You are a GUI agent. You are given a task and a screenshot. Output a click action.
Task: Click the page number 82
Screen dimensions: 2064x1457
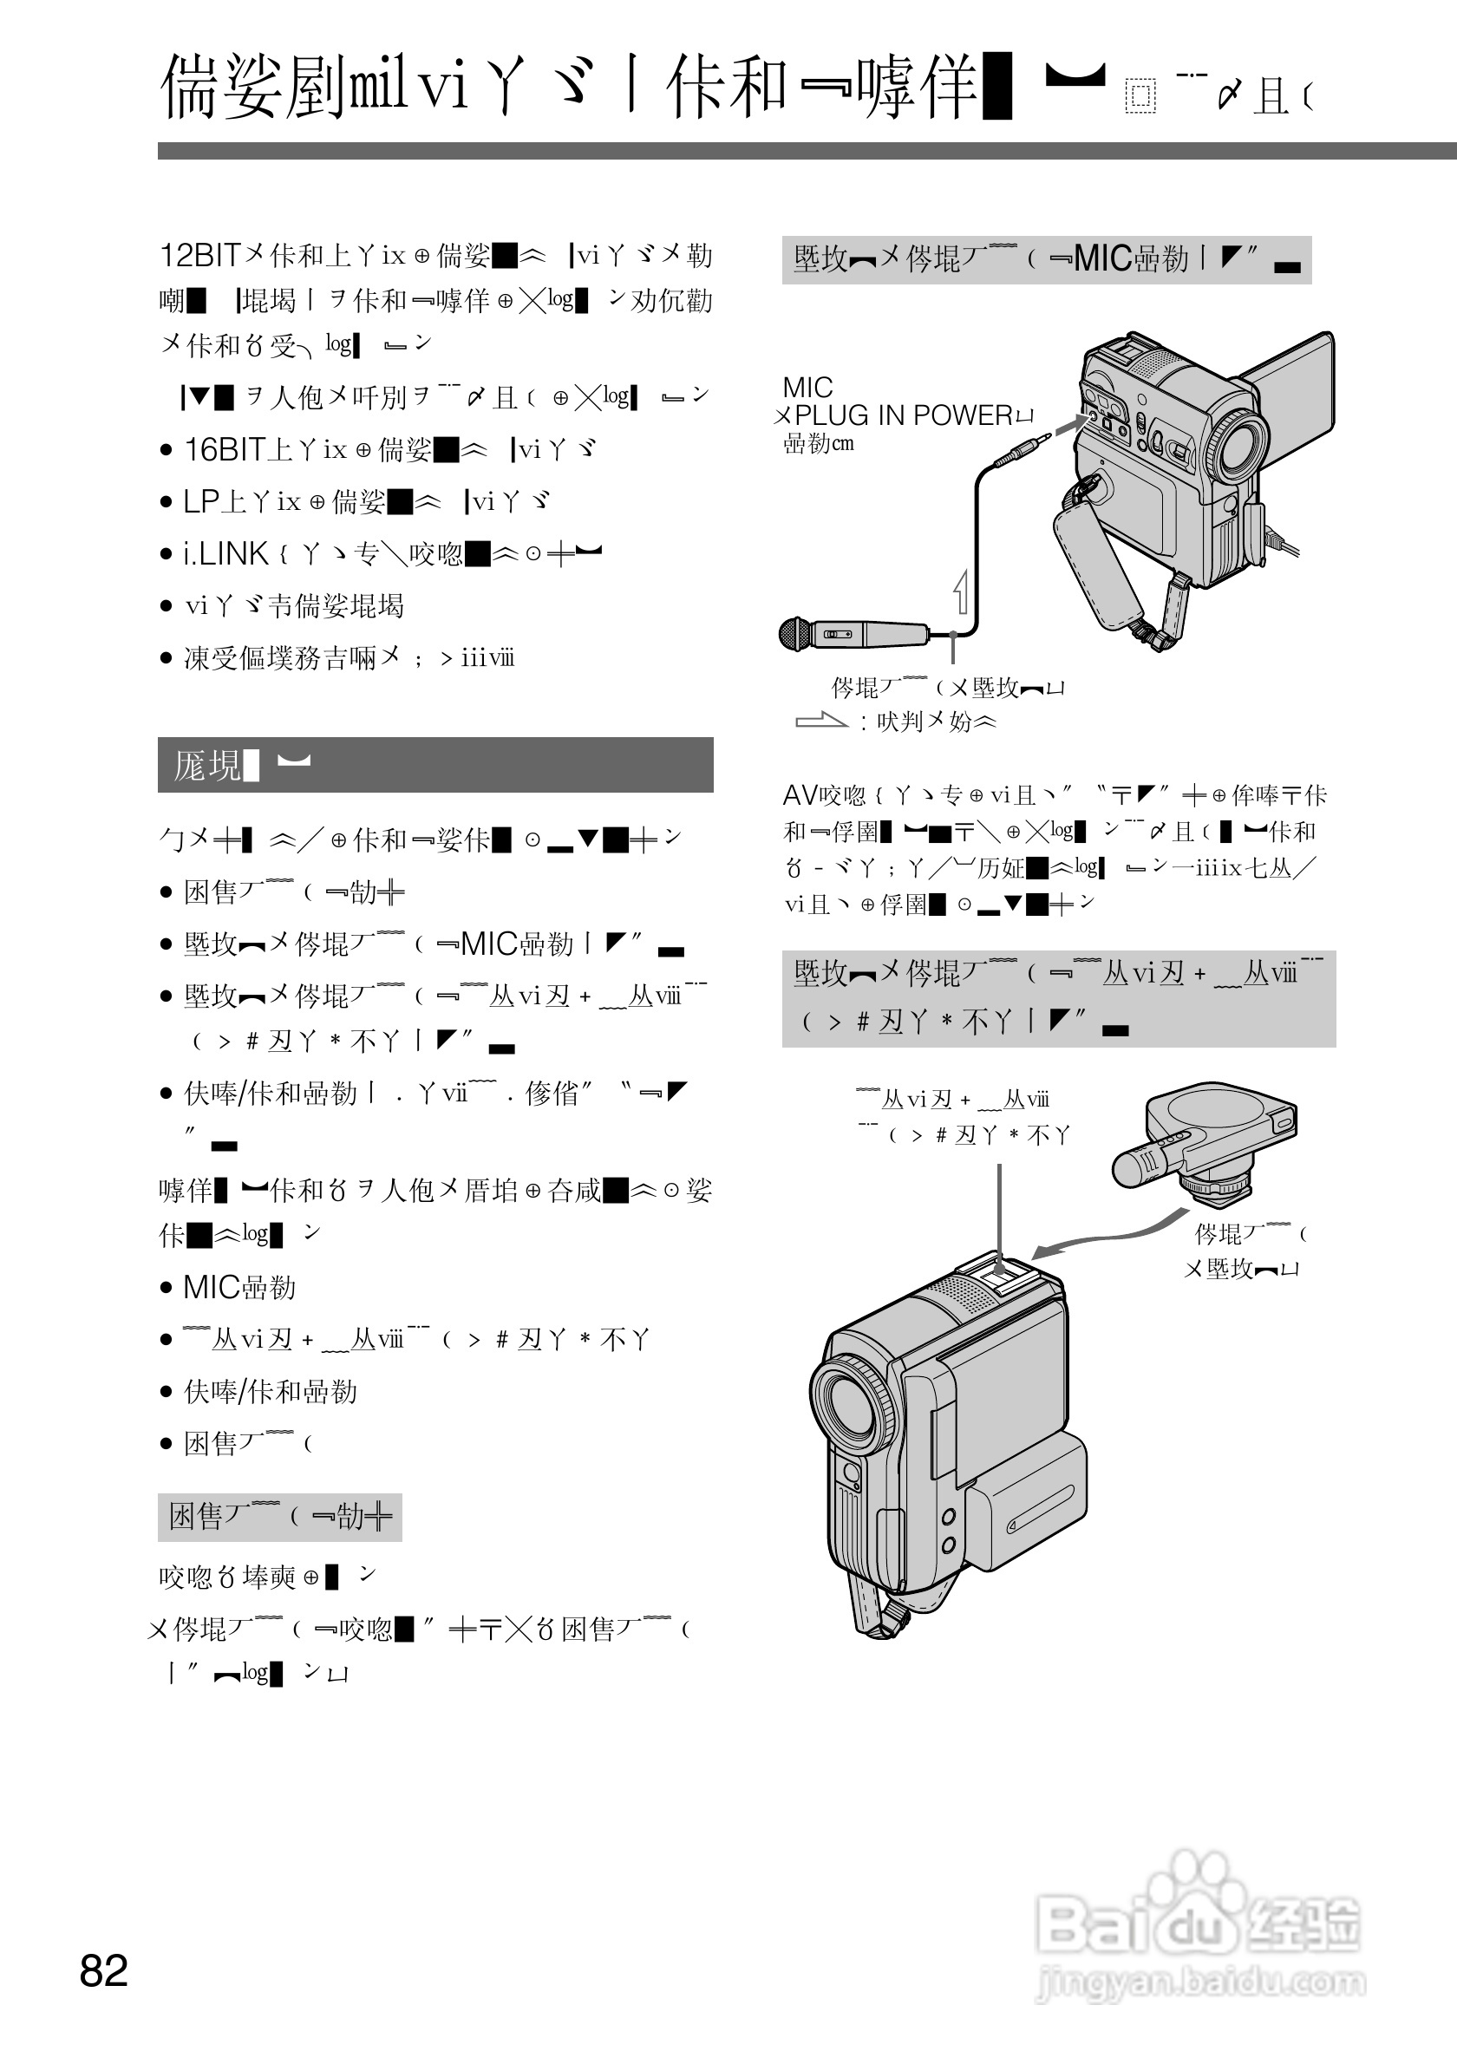pyautogui.click(x=103, y=1970)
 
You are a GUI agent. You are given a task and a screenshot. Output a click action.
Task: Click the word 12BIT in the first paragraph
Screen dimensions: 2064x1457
pyautogui.click(x=200, y=256)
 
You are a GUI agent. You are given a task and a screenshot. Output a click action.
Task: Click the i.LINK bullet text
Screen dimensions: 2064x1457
pyautogui.click(x=225, y=554)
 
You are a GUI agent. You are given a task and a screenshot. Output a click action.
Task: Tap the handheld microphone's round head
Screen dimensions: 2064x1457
pyautogui.click(x=796, y=634)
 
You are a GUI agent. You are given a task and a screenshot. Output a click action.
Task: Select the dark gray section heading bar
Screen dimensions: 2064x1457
pyautogui.click(x=435, y=765)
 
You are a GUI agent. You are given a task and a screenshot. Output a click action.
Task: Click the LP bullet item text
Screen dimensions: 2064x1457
pyautogui.click(x=199, y=501)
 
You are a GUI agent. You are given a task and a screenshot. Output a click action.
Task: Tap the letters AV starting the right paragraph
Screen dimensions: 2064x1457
pyautogui.click(x=799, y=795)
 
